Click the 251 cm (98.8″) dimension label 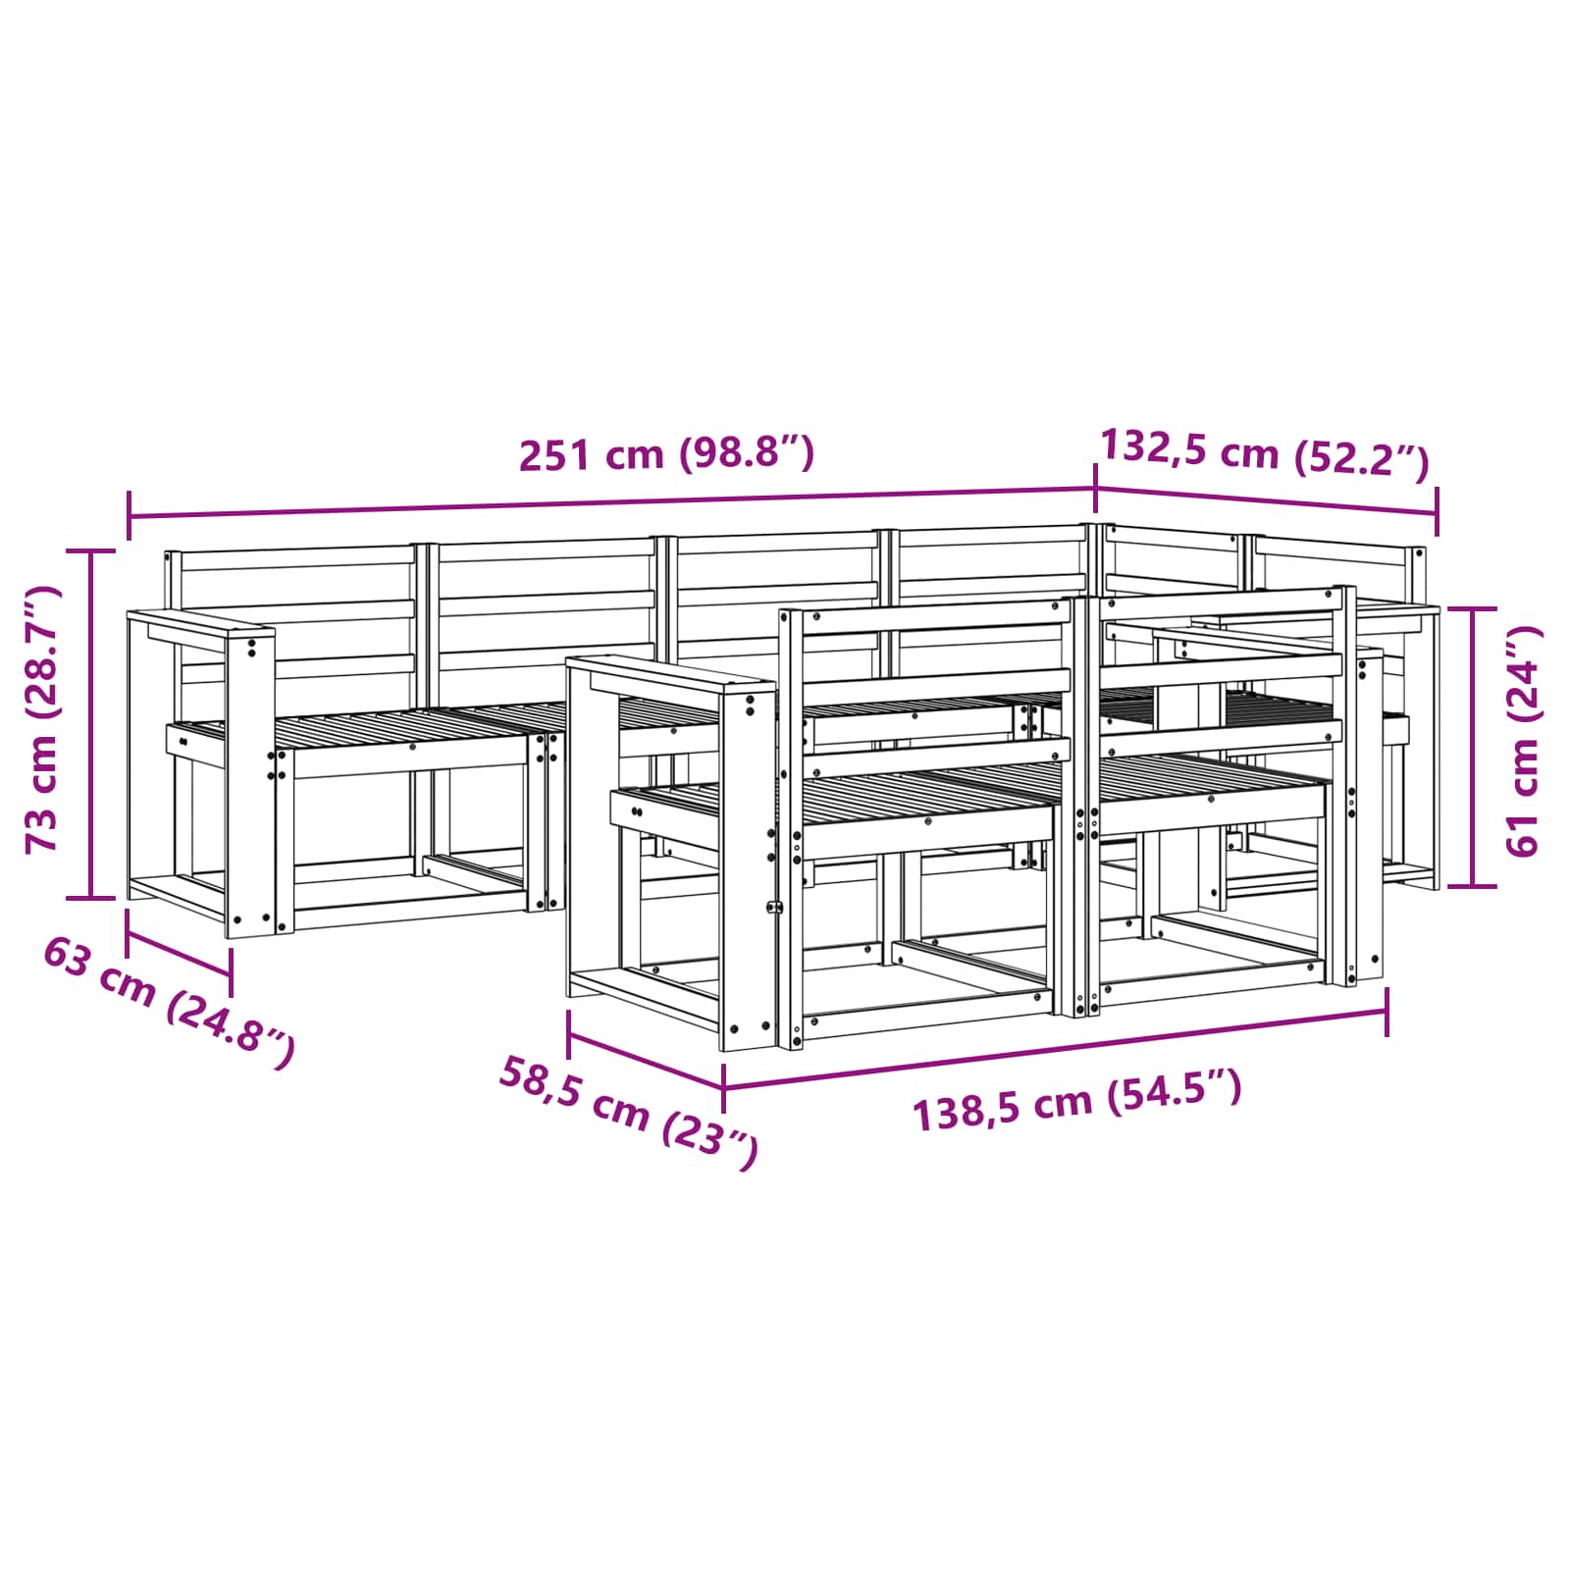[666, 454]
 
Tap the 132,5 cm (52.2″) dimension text [1265, 453]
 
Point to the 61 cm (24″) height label [1522, 742]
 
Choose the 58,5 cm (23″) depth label [629, 1112]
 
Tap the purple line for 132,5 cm [1267, 499]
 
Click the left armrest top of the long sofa [201, 625]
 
